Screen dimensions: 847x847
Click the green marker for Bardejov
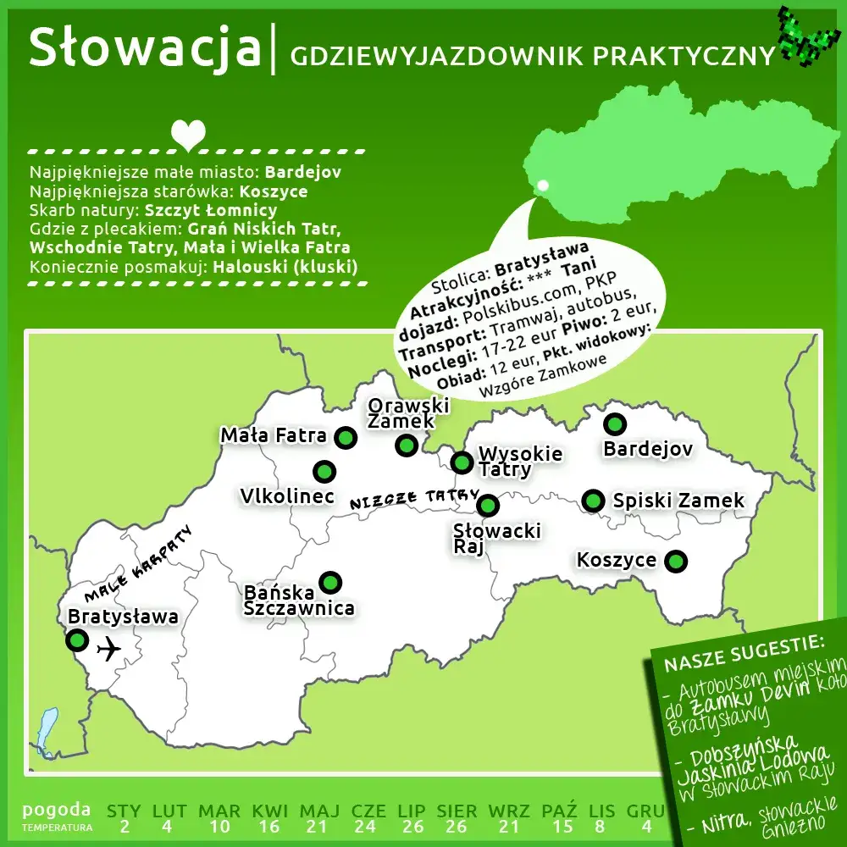pyautogui.click(x=614, y=423)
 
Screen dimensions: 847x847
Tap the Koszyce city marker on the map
pyautogui.click(x=676, y=561)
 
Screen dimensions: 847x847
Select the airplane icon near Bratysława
pyautogui.click(x=108, y=650)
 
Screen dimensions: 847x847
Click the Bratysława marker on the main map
pyautogui.click(x=77, y=639)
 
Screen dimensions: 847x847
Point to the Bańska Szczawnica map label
pyautogui.click(x=298, y=599)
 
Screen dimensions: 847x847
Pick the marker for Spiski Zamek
pyautogui.click(x=594, y=501)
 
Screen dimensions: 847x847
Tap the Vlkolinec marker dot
pyautogui.click(x=324, y=472)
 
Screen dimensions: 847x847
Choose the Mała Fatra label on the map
pyautogui.click(x=274, y=435)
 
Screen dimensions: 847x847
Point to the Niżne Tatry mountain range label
pyautogui.click(x=415, y=499)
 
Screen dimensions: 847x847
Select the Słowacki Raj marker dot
pyautogui.click(x=488, y=506)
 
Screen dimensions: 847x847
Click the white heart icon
pyautogui.click(x=188, y=133)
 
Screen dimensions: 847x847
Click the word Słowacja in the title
pyautogui.click(x=144, y=48)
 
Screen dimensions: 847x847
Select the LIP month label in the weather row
pyautogui.click(x=412, y=811)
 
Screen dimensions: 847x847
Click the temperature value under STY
pyautogui.click(x=124, y=827)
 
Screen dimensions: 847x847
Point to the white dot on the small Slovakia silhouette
pyautogui.click(x=543, y=185)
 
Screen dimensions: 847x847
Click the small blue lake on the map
pyautogui.click(x=47, y=730)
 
